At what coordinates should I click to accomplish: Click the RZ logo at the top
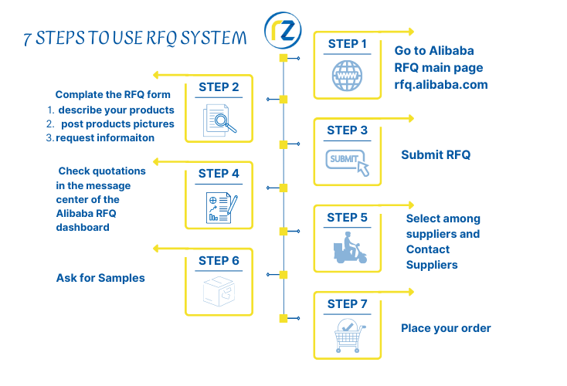pyautogui.click(x=283, y=30)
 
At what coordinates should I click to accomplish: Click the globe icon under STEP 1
pyautogui.click(x=347, y=76)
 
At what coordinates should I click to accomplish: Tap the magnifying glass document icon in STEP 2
pyautogui.click(x=220, y=119)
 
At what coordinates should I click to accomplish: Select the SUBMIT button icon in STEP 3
pyautogui.click(x=347, y=161)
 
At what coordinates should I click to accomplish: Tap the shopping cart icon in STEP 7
pyautogui.click(x=348, y=337)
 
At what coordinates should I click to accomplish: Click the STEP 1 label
pyautogui.click(x=348, y=44)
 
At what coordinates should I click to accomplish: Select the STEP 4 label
pyautogui.click(x=219, y=174)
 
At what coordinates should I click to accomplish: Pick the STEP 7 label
pyautogui.click(x=348, y=303)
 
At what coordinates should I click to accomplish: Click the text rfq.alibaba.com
pyautogui.click(x=440, y=85)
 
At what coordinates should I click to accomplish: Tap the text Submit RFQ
pyautogui.click(x=436, y=155)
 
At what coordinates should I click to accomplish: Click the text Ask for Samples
pyautogui.click(x=100, y=278)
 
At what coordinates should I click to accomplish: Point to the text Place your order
pyautogui.click(x=446, y=328)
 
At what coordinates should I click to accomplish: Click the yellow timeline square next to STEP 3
pyautogui.click(x=283, y=144)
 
